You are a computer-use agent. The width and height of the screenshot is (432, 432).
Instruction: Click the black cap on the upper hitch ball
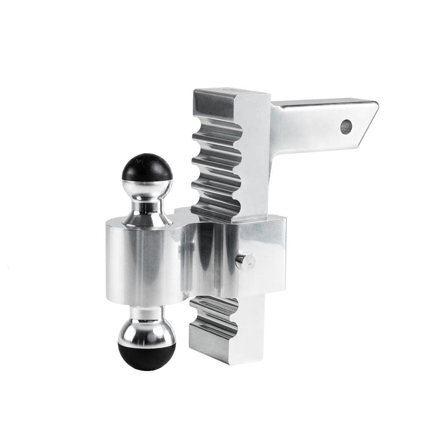click(x=147, y=166)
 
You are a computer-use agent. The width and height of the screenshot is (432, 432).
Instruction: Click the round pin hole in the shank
click(x=346, y=127)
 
